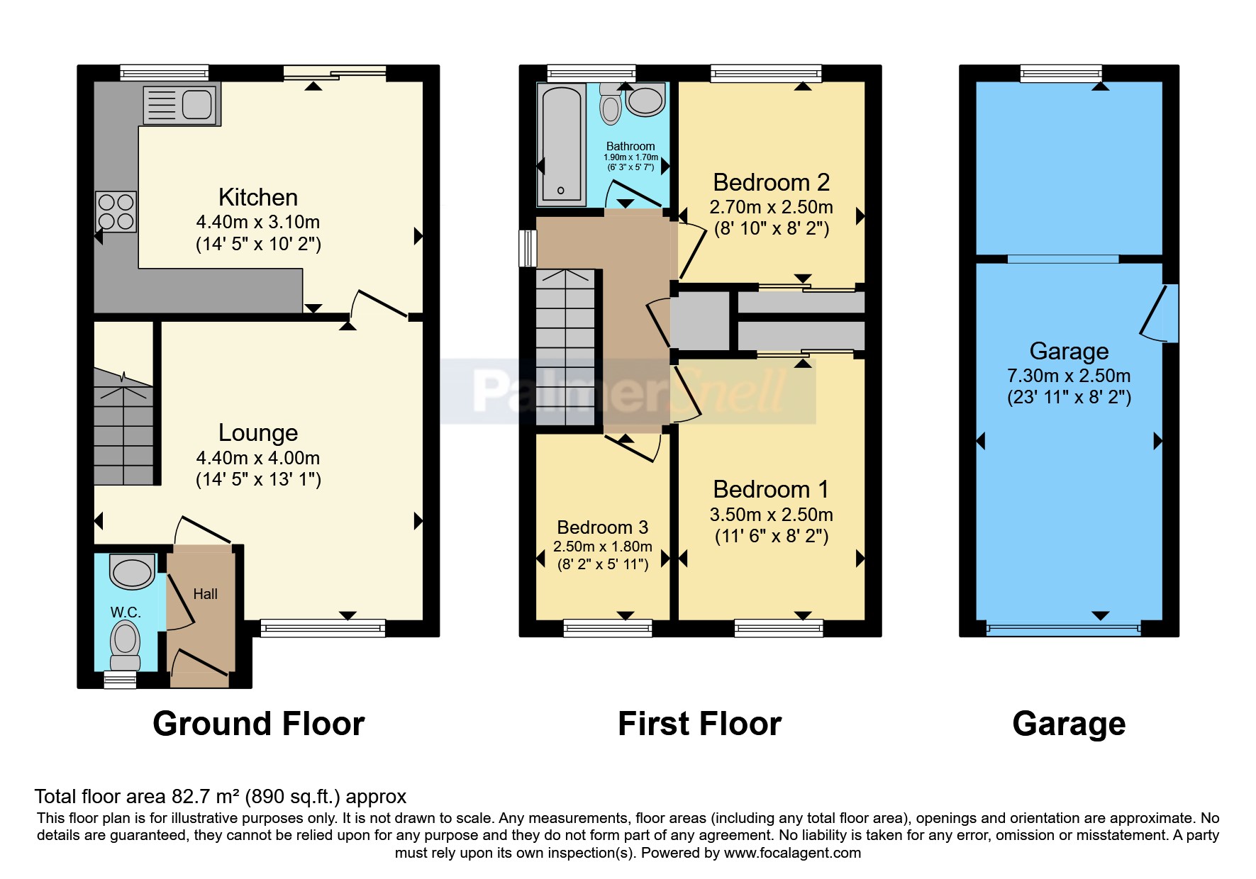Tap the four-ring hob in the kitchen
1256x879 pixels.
[116, 212]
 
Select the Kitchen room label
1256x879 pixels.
[257, 197]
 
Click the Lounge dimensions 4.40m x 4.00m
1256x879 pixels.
[257, 458]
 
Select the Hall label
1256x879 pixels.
[205, 594]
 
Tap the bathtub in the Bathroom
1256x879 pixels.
[562, 144]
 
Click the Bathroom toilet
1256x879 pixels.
[610, 105]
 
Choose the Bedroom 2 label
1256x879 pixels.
[771, 183]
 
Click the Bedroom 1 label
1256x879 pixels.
[771, 490]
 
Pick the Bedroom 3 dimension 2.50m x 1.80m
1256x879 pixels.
[602, 547]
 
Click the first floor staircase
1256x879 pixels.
[565, 347]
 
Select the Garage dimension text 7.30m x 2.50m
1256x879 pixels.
[1069, 376]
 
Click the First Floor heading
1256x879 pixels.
[699, 724]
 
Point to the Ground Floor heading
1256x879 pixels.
[258, 724]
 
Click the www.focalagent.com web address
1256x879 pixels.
[792, 853]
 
